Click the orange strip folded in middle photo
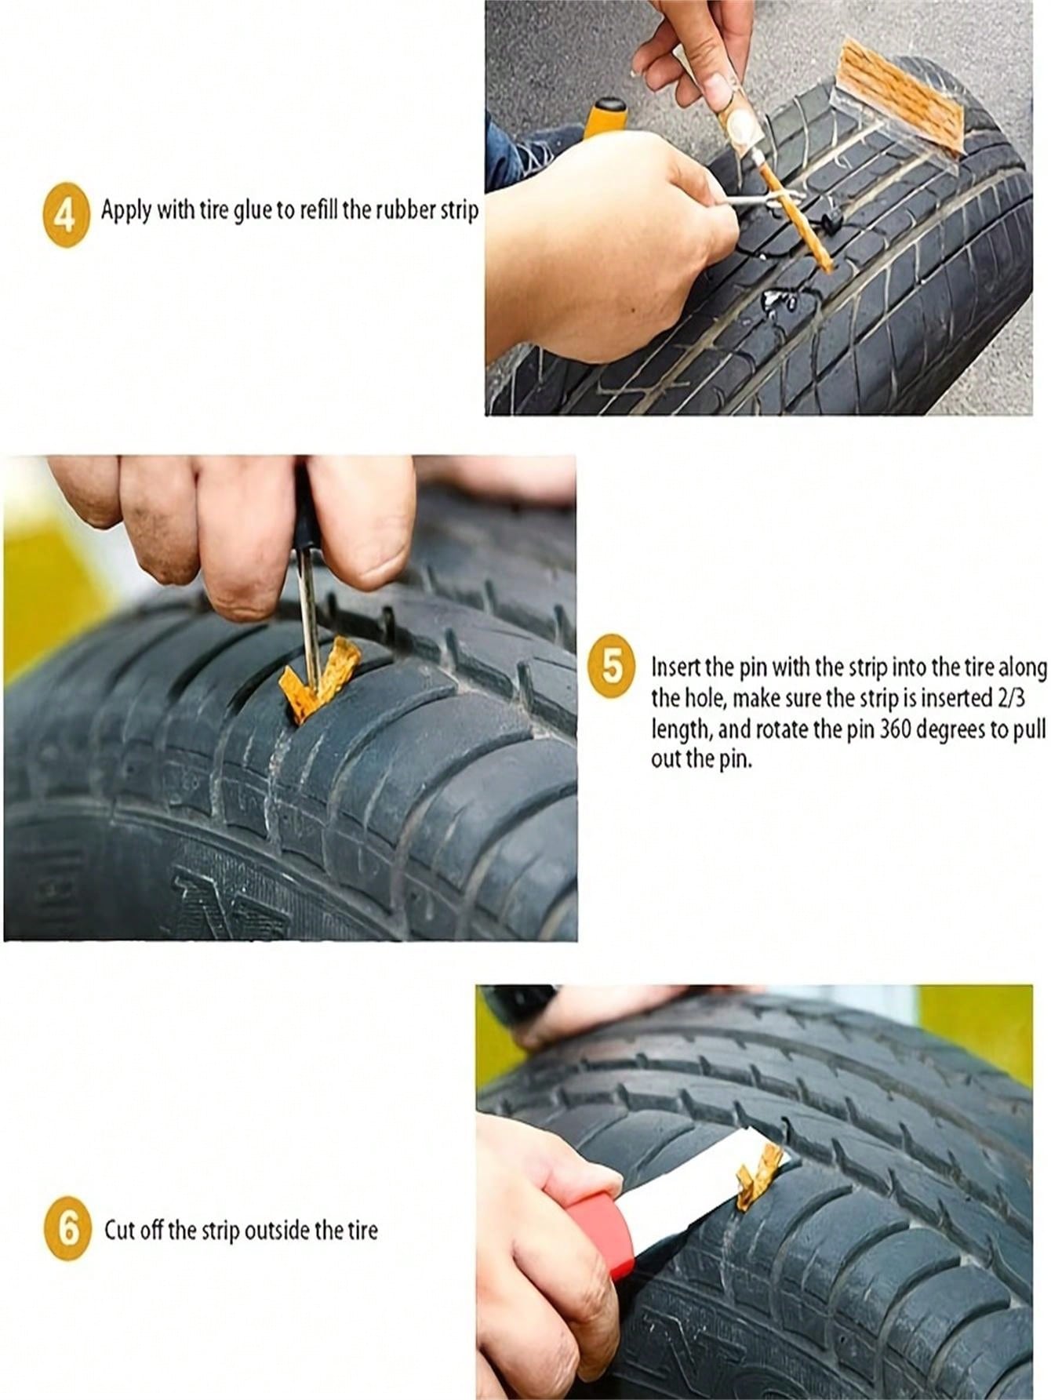(x=322, y=676)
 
